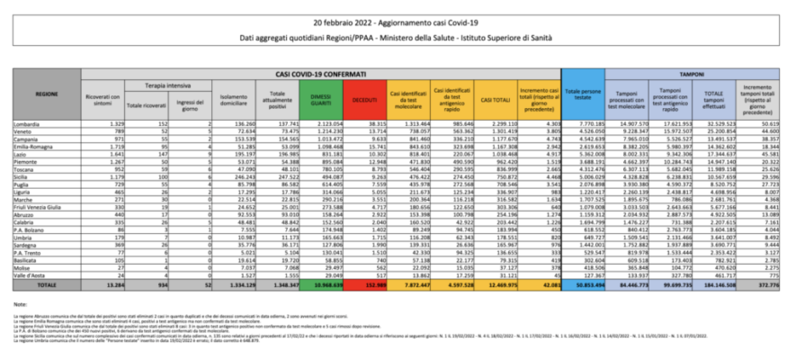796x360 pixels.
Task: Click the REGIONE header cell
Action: coord(47,92)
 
